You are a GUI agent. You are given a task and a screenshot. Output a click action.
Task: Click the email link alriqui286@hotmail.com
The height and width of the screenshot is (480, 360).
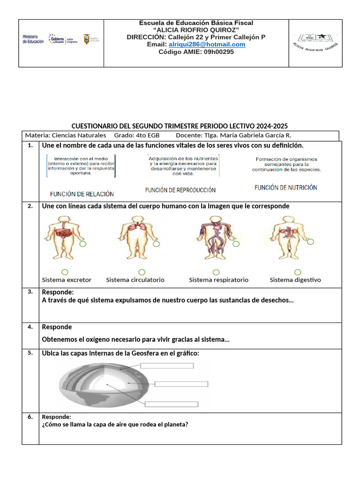pos(207,45)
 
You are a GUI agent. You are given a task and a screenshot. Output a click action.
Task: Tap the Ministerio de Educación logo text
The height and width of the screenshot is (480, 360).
pos(33,39)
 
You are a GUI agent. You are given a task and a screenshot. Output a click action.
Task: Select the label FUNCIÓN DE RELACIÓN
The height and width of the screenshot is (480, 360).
pos(82,194)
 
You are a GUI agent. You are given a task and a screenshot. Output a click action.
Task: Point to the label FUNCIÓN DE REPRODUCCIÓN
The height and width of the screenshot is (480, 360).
pos(180,190)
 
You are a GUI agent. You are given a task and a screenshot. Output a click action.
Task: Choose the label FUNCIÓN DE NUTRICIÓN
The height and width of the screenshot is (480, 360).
pos(285,187)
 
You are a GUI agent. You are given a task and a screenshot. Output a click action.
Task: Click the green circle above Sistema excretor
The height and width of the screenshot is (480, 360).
pos(65,272)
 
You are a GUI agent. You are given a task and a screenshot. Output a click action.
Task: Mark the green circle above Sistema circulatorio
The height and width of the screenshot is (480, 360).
pos(142,272)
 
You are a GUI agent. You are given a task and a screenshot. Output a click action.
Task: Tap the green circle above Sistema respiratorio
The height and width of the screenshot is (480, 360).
pos(216,272)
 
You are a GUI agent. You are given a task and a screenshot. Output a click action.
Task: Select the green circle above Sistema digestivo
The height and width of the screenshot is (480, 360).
pos(298,272)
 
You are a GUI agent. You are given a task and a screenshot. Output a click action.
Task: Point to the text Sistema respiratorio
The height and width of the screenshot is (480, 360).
pos(218,280)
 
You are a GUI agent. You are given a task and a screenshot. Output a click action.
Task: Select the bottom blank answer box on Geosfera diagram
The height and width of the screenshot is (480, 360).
pos(171,405)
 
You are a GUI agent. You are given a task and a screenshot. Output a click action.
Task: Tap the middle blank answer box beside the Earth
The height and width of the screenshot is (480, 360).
pos(181,384)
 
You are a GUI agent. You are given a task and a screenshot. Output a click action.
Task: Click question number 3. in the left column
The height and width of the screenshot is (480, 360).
pos(30,292)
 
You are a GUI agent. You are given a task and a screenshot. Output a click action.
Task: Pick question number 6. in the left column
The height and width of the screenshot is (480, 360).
pos(30,416)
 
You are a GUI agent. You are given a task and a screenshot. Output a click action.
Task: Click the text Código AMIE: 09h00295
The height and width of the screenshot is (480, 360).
pos(196,52)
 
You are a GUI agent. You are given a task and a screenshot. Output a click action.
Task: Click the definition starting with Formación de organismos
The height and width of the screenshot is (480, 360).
pos(286,165)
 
